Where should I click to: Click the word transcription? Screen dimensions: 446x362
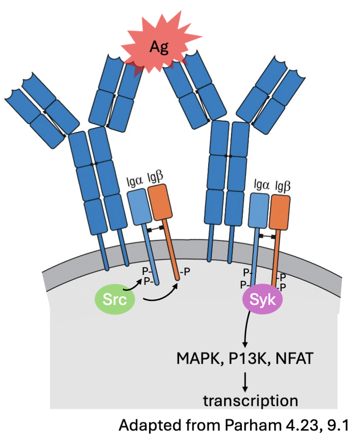coord(251,401)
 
